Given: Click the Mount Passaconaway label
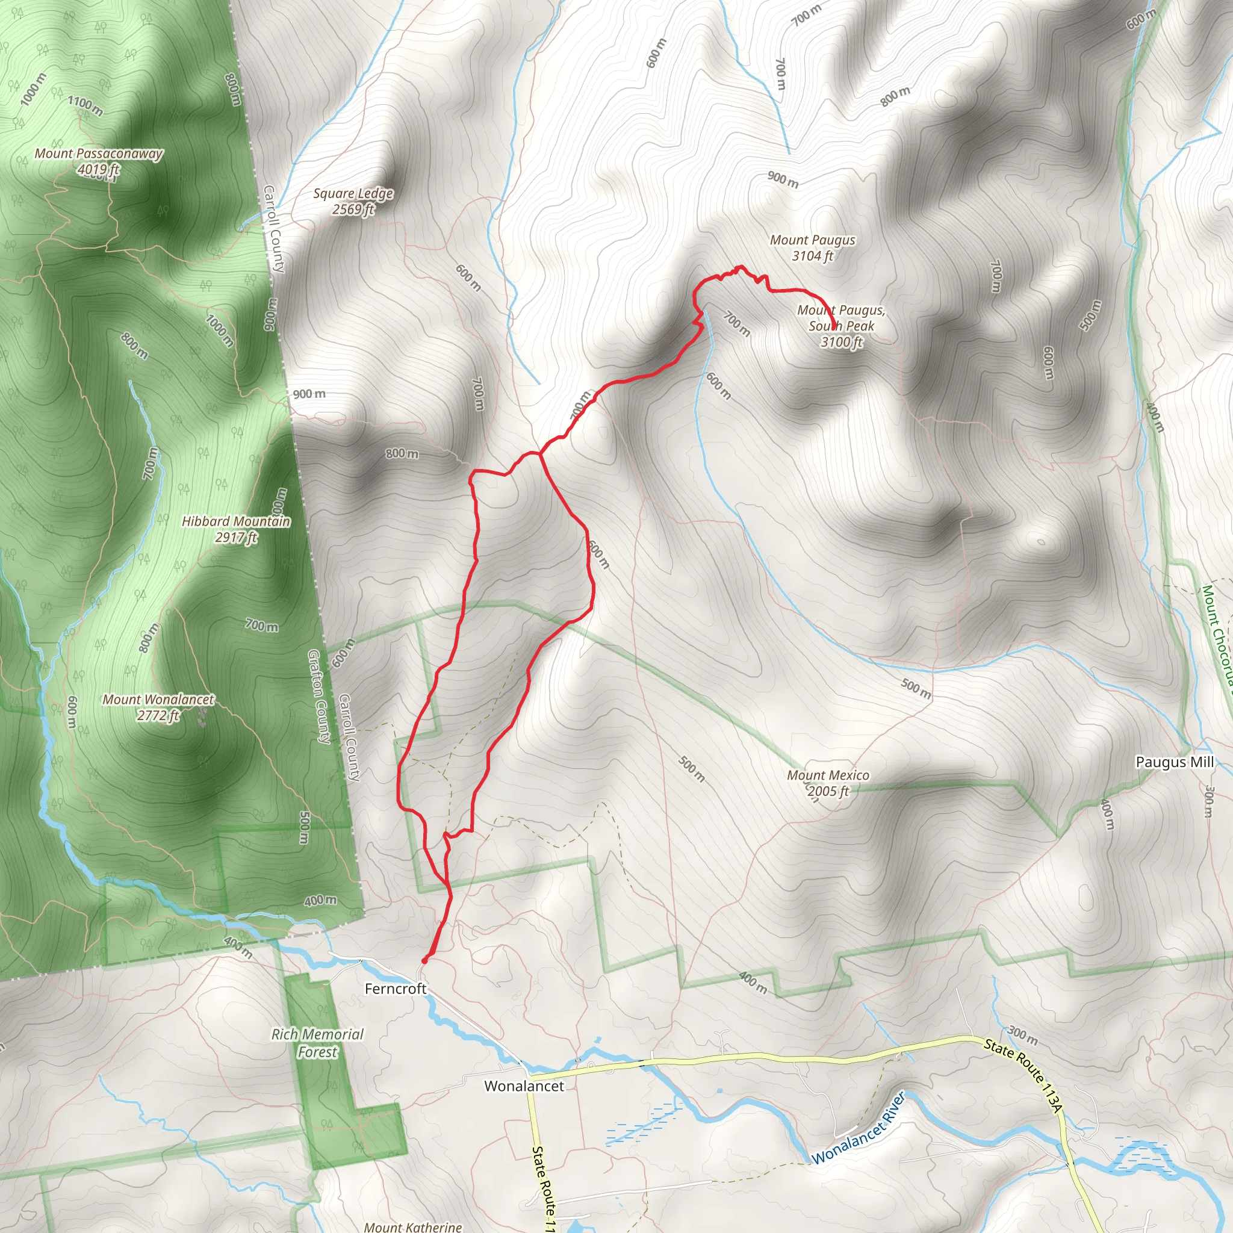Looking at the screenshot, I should [98, 154].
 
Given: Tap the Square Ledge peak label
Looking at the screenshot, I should [353, 193].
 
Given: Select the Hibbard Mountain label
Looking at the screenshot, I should [236, 521].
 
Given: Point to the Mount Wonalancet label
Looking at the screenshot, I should [158, 700].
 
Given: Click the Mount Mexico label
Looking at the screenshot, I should [828, 775].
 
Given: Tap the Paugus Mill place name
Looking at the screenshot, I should [1174, 762].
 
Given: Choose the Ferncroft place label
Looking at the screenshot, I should [395, 989].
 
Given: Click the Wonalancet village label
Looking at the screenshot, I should [524, 1086].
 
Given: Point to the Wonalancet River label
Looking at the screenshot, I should [859, 1128].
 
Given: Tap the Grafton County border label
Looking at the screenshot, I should [319, 697].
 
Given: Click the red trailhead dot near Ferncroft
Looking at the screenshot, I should [424, 960].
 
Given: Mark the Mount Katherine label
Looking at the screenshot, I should [413, 1226].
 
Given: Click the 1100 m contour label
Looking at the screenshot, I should [85, 105].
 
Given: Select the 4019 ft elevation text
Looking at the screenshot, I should [98, 170].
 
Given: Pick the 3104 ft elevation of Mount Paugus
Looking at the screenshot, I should [812, 256].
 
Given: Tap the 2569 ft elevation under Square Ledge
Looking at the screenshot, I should [353, 210].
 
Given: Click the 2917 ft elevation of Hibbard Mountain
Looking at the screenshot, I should [236, 538].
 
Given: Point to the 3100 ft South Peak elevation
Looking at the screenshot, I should [841, 342].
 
